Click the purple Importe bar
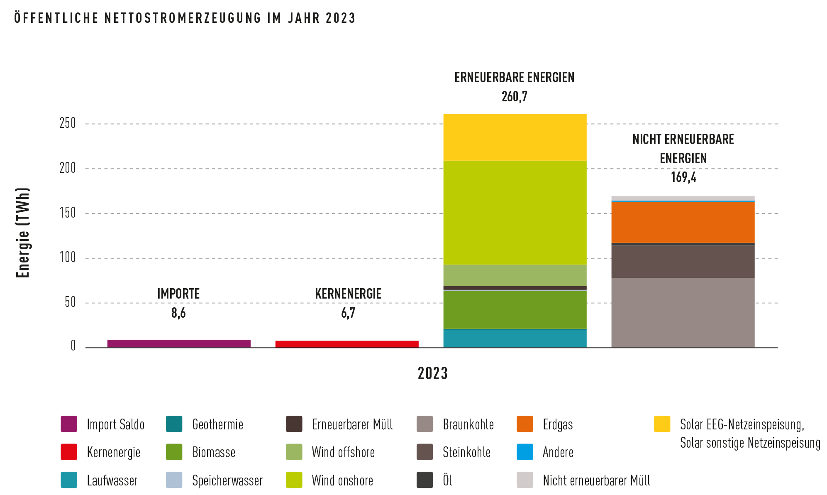click(179, 343)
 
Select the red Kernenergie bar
click(347, 344)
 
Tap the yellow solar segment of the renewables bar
click(515, 137)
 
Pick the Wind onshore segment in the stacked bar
click(515, 213)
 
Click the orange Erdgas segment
click(683, 222)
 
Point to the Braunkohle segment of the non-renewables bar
click(683, 313)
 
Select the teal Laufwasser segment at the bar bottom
click(515, 338)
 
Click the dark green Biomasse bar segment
click(515, 310)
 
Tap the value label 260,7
click(515, 97)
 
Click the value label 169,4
click(683, 177)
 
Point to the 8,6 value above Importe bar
click(178, 313)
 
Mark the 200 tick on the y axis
click(68, 168)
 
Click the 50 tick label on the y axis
click(71, 302)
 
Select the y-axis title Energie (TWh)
click(23, 233)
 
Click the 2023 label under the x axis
click(433, 373)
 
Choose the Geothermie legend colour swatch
click(174, 424)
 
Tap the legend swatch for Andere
click(525, 452)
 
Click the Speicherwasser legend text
click(227, 480)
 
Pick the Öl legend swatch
click(425, 480)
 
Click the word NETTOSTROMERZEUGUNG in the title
click(183, 18)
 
